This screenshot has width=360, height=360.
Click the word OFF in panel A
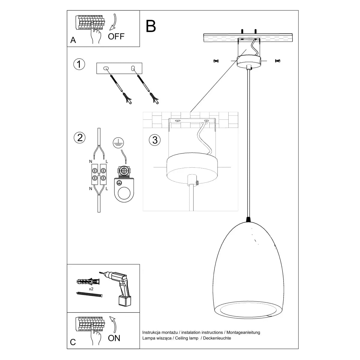click(x=116, y=37)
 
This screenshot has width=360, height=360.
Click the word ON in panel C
click(x=114, y=338)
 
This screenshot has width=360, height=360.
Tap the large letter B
click(x=151, y=26)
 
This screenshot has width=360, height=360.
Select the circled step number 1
click(x=79, y=64)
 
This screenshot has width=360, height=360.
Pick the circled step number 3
click(x=155, y=140)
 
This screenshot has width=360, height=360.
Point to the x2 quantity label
click(x=91, y=289)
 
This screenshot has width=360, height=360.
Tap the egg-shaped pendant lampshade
click(x=249, y=270)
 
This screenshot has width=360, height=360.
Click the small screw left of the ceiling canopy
click(x=215, y=61)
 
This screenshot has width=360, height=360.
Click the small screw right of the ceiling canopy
click(x=277, y=61)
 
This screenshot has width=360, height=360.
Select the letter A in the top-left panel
click(x=73, y=40)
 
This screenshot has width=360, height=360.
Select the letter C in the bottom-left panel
click(x=73, y=342)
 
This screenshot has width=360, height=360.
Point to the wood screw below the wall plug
click(x=89, y=294)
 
